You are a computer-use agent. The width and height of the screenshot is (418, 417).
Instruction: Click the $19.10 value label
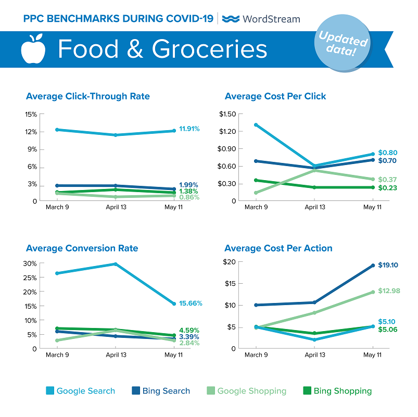pos(389,265)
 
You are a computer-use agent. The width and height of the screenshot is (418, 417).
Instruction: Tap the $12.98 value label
pos(389,291)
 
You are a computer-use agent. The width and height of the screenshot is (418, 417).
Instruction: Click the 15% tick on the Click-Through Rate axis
pos(30,115)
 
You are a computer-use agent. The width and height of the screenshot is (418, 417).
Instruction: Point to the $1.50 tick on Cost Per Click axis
pos(227,114)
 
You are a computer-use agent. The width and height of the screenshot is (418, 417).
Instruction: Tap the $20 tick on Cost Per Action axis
pos(230,262)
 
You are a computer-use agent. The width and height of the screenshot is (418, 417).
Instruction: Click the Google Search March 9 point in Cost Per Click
pos(255,125)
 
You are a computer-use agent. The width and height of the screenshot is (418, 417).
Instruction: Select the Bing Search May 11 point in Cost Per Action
pos(373,266)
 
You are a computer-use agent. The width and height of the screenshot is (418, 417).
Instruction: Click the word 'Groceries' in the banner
pos(209,49)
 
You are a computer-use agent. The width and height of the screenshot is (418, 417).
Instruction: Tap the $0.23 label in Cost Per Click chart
pos(387,187)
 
